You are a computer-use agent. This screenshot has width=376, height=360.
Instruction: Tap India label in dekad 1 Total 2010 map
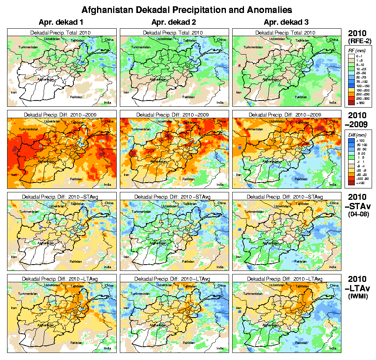pos(107,102)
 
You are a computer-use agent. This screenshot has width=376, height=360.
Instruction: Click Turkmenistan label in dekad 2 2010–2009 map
pos(141,129)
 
